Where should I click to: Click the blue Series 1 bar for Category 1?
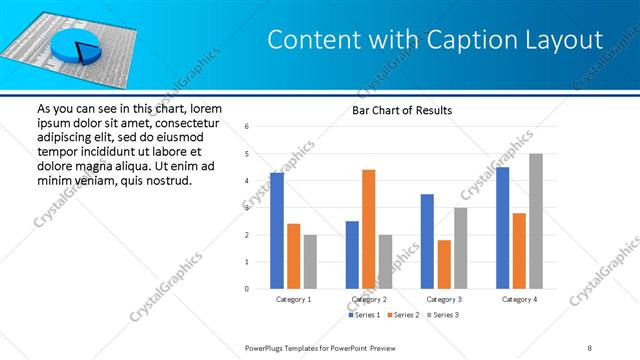tap(277, 230)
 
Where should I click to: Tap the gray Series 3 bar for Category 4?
tap(536, 221)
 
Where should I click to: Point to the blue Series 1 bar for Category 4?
tap(502, 228)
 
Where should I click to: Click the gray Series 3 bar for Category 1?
tap(310, 262)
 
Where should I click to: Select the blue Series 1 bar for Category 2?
tap(352, 255)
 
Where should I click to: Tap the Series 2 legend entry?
tap(402, 315)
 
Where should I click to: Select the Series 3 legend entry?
tap(441, 315)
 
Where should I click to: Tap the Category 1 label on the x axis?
tap(293, 299)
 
